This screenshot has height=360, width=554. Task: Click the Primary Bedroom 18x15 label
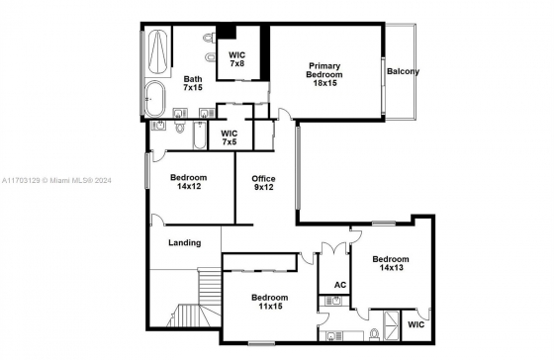324,74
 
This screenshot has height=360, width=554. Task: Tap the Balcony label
403,71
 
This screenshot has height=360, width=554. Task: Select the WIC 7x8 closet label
236,59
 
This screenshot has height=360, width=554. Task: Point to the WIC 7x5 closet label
229,137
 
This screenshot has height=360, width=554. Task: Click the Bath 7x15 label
193,83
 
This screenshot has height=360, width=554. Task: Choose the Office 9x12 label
263,183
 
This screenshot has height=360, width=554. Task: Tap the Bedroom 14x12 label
189,182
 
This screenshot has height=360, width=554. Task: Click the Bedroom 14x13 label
391,263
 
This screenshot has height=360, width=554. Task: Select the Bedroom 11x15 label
270,302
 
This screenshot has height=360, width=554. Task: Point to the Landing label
184,242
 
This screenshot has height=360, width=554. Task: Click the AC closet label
340,285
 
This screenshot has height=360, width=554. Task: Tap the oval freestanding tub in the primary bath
155,99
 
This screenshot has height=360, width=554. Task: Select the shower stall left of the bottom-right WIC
392,325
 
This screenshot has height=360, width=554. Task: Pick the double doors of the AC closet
334,247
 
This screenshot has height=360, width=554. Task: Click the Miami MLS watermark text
56,181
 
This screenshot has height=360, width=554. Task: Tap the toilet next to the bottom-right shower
374,334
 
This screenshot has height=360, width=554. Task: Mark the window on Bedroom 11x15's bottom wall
261,342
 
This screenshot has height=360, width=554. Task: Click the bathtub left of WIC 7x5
200,135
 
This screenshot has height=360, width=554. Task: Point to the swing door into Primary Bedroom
285,114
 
